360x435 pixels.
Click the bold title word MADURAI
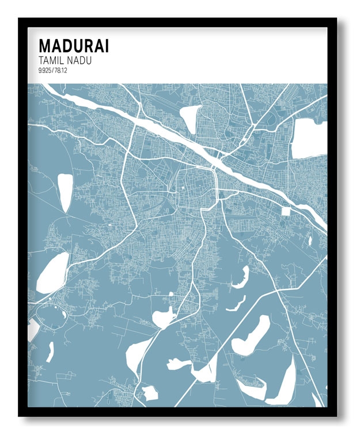pos(73,46)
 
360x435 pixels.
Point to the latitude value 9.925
pos(45,70)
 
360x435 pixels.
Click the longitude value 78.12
pos(62,70)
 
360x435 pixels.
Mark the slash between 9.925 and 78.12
pos(54,70)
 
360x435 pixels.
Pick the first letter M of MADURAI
pos(44,46)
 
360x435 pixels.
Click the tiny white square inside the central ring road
pos(184,188)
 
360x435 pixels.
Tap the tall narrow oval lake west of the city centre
pos(65,192)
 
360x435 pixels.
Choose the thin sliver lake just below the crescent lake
pos(236,304)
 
